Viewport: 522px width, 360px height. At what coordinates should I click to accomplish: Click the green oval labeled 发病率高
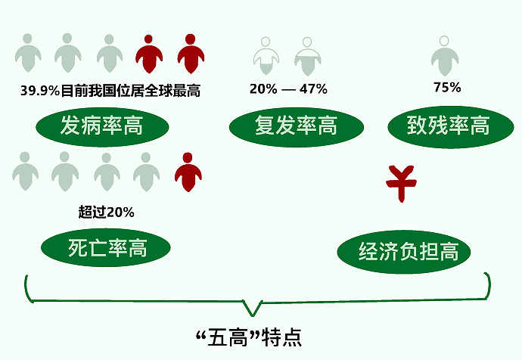102,127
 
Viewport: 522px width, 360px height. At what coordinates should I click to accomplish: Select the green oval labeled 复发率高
297,127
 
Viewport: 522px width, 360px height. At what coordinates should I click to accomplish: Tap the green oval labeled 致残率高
451,127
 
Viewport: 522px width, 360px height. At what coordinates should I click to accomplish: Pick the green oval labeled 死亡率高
106,247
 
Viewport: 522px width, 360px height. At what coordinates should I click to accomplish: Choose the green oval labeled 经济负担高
404,252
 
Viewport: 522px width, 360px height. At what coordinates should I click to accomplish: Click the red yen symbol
401,183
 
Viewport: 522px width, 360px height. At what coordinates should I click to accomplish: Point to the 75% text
447,88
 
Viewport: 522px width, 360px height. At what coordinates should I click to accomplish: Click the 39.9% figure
40,91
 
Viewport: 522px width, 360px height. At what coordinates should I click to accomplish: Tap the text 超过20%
106,212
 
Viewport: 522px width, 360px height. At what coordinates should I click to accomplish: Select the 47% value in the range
313,89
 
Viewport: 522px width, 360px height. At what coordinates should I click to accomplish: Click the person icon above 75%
444,55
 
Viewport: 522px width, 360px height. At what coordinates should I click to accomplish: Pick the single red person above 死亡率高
188,172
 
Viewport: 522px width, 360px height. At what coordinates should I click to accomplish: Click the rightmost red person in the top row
191,54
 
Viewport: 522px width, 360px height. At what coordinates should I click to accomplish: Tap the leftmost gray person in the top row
28,53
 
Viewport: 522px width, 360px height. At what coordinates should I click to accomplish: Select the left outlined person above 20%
266,56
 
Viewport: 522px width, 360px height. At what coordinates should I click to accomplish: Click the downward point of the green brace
253,315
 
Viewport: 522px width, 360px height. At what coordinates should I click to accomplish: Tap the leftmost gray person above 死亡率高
25,172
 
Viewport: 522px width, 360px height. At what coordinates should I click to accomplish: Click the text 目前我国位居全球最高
131,91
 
